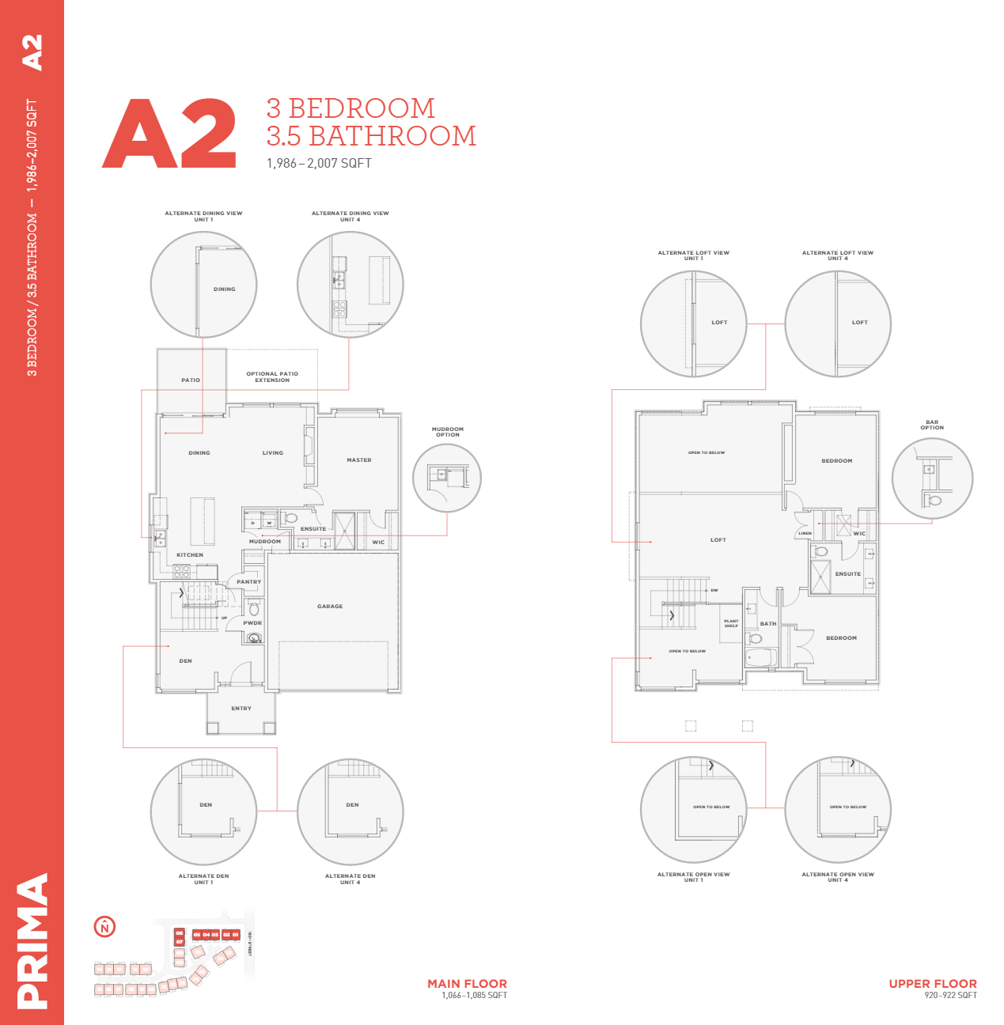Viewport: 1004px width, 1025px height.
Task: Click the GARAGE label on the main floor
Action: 330,607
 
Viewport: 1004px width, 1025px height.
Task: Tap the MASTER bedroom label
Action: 358,460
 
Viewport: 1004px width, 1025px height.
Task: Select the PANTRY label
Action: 248,582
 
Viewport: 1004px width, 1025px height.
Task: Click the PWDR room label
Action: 252,623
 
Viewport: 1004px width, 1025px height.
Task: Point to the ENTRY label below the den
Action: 241,709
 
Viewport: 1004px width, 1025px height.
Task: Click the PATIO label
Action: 191,380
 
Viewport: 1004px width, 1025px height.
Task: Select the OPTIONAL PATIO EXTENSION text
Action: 272,377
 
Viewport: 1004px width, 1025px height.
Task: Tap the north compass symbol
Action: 104,927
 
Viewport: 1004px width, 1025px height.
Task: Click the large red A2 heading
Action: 169,134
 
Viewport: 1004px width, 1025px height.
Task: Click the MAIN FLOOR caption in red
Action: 467,984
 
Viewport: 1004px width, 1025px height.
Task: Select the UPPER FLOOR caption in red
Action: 932,984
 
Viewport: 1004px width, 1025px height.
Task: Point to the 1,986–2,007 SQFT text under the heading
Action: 319,164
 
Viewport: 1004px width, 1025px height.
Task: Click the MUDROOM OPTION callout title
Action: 448,432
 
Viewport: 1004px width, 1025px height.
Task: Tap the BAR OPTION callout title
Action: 932,425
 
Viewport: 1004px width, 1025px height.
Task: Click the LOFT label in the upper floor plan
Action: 718,540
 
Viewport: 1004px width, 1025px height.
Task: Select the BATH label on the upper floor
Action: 768,624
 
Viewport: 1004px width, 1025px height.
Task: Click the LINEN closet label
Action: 805,534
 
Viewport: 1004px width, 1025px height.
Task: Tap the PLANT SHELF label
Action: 731,623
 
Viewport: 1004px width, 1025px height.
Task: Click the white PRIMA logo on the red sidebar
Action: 32,940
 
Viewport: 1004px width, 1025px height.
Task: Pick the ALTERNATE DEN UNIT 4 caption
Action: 350,879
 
